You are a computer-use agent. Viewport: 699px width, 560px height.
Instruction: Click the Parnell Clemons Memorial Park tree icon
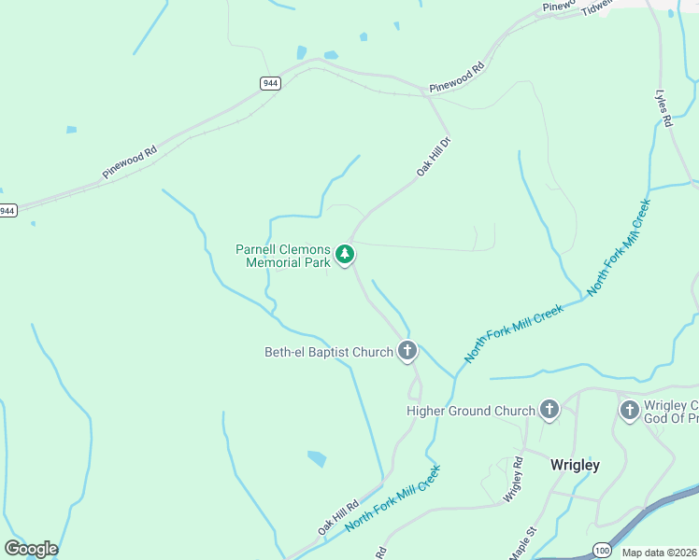[345, 254]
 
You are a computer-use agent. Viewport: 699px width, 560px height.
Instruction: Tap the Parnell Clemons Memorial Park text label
[283, 257]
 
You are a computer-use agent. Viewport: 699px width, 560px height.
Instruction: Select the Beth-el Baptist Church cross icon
[407, 351]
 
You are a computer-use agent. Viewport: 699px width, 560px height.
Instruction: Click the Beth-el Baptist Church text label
[328, 353]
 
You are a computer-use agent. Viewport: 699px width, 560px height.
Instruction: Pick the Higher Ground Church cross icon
[549, 410]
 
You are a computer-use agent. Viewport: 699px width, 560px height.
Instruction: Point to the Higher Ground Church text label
[471, 411]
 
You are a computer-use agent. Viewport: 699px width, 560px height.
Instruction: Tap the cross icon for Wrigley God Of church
[629, 410]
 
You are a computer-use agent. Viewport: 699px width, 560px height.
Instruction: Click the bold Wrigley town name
[575, 464]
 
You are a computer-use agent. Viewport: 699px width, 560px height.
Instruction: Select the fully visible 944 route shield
[270, 83]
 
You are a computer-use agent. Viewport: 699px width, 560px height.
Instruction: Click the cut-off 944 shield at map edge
[7, 211]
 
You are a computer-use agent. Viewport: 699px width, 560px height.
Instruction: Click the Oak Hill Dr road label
[434, 157]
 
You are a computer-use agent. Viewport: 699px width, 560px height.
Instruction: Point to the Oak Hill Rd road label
[337, 516]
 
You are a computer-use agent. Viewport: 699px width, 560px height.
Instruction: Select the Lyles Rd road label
[663, 108]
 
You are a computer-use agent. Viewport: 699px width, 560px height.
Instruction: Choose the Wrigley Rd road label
[513, 481]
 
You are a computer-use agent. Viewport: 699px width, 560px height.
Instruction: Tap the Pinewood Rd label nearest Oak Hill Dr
[457, 77]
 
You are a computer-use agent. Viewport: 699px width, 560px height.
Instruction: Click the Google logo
[31, 549]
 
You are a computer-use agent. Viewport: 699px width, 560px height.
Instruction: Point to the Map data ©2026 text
[660, 553]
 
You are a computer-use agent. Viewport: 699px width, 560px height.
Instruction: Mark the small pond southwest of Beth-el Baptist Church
[317, 458]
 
